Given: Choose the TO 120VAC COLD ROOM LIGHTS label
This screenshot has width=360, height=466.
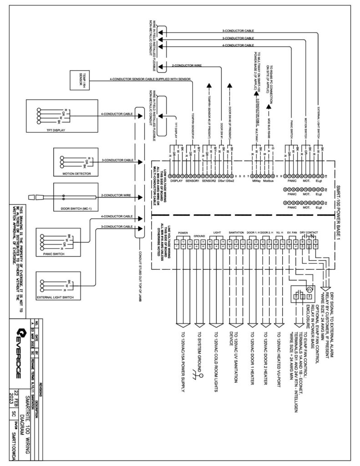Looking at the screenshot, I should (x=214, y=368).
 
